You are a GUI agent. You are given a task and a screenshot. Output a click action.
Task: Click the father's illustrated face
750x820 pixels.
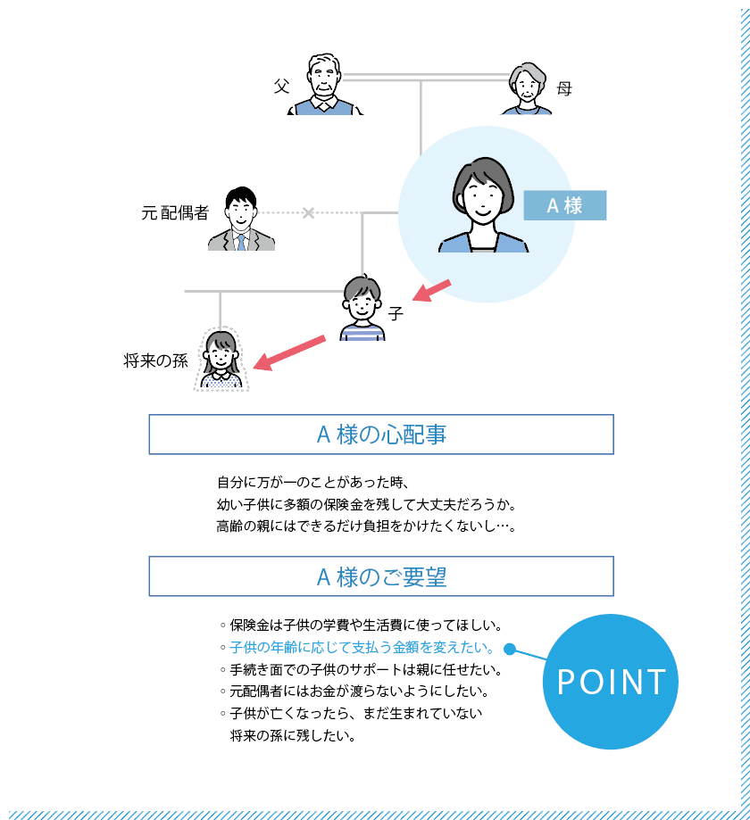323,79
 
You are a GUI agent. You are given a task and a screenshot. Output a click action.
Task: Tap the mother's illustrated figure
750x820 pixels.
527,88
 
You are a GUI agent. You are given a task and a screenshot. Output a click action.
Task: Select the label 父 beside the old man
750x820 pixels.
281,86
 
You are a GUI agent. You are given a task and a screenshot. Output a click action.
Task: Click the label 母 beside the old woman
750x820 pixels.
564,88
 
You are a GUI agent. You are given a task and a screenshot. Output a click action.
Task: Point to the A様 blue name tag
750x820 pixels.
564,205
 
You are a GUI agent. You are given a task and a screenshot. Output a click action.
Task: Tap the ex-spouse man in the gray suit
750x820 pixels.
241,219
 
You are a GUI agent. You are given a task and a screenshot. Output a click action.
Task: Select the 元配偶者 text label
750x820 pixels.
175,213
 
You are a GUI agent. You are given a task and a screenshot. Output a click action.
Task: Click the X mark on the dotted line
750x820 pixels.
308,213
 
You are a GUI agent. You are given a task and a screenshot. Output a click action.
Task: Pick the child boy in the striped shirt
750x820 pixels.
362,308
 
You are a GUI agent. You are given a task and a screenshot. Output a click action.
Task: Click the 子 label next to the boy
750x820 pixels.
396,314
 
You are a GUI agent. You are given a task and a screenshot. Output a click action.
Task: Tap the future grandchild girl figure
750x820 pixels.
221,360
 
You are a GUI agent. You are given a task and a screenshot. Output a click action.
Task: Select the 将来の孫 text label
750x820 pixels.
155,360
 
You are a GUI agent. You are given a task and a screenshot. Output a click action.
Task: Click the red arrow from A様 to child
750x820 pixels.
432,291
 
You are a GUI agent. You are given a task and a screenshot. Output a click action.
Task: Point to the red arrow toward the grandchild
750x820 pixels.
289,353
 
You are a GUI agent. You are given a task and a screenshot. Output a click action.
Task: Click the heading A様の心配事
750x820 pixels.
381,435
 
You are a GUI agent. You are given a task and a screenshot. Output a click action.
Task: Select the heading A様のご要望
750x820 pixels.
381,576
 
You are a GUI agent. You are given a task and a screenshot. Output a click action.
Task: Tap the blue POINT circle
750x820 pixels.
610,682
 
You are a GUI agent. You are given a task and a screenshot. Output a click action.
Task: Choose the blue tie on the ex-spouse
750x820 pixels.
241,243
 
